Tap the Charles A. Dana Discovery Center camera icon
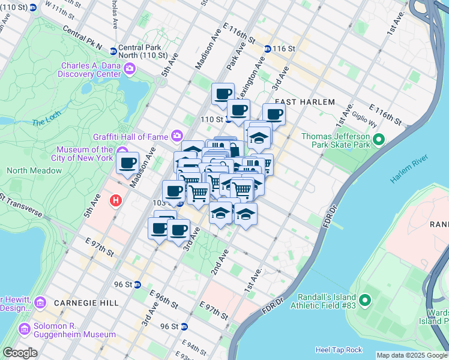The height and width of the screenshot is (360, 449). click(x=130, y=70)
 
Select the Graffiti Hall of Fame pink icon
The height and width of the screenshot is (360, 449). click(x=177, y=136)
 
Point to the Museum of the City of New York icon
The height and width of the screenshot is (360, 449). click(x=122, y=150)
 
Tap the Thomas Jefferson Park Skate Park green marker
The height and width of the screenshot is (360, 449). click(x=378, y=140)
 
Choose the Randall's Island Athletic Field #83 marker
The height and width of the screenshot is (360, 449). click(x=364, y=299)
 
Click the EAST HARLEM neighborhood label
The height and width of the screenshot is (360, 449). click(x=305, y=102)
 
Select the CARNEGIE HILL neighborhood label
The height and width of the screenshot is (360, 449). click(x=86, y=303)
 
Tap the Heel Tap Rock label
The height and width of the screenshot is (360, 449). click(x=339, y=350)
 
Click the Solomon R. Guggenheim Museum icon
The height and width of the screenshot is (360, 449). click(x=25, y=329)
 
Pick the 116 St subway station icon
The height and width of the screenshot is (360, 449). click(x=267, y=48)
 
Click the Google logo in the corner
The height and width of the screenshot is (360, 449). click(x=20, y=352)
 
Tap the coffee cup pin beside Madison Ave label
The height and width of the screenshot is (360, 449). click(x=127, y=163)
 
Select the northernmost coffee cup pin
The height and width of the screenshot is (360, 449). click(x=223, y=94)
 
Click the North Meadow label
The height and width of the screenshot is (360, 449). click(x=34, y=170)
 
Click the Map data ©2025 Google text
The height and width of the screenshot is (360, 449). click(x=412, y=355)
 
